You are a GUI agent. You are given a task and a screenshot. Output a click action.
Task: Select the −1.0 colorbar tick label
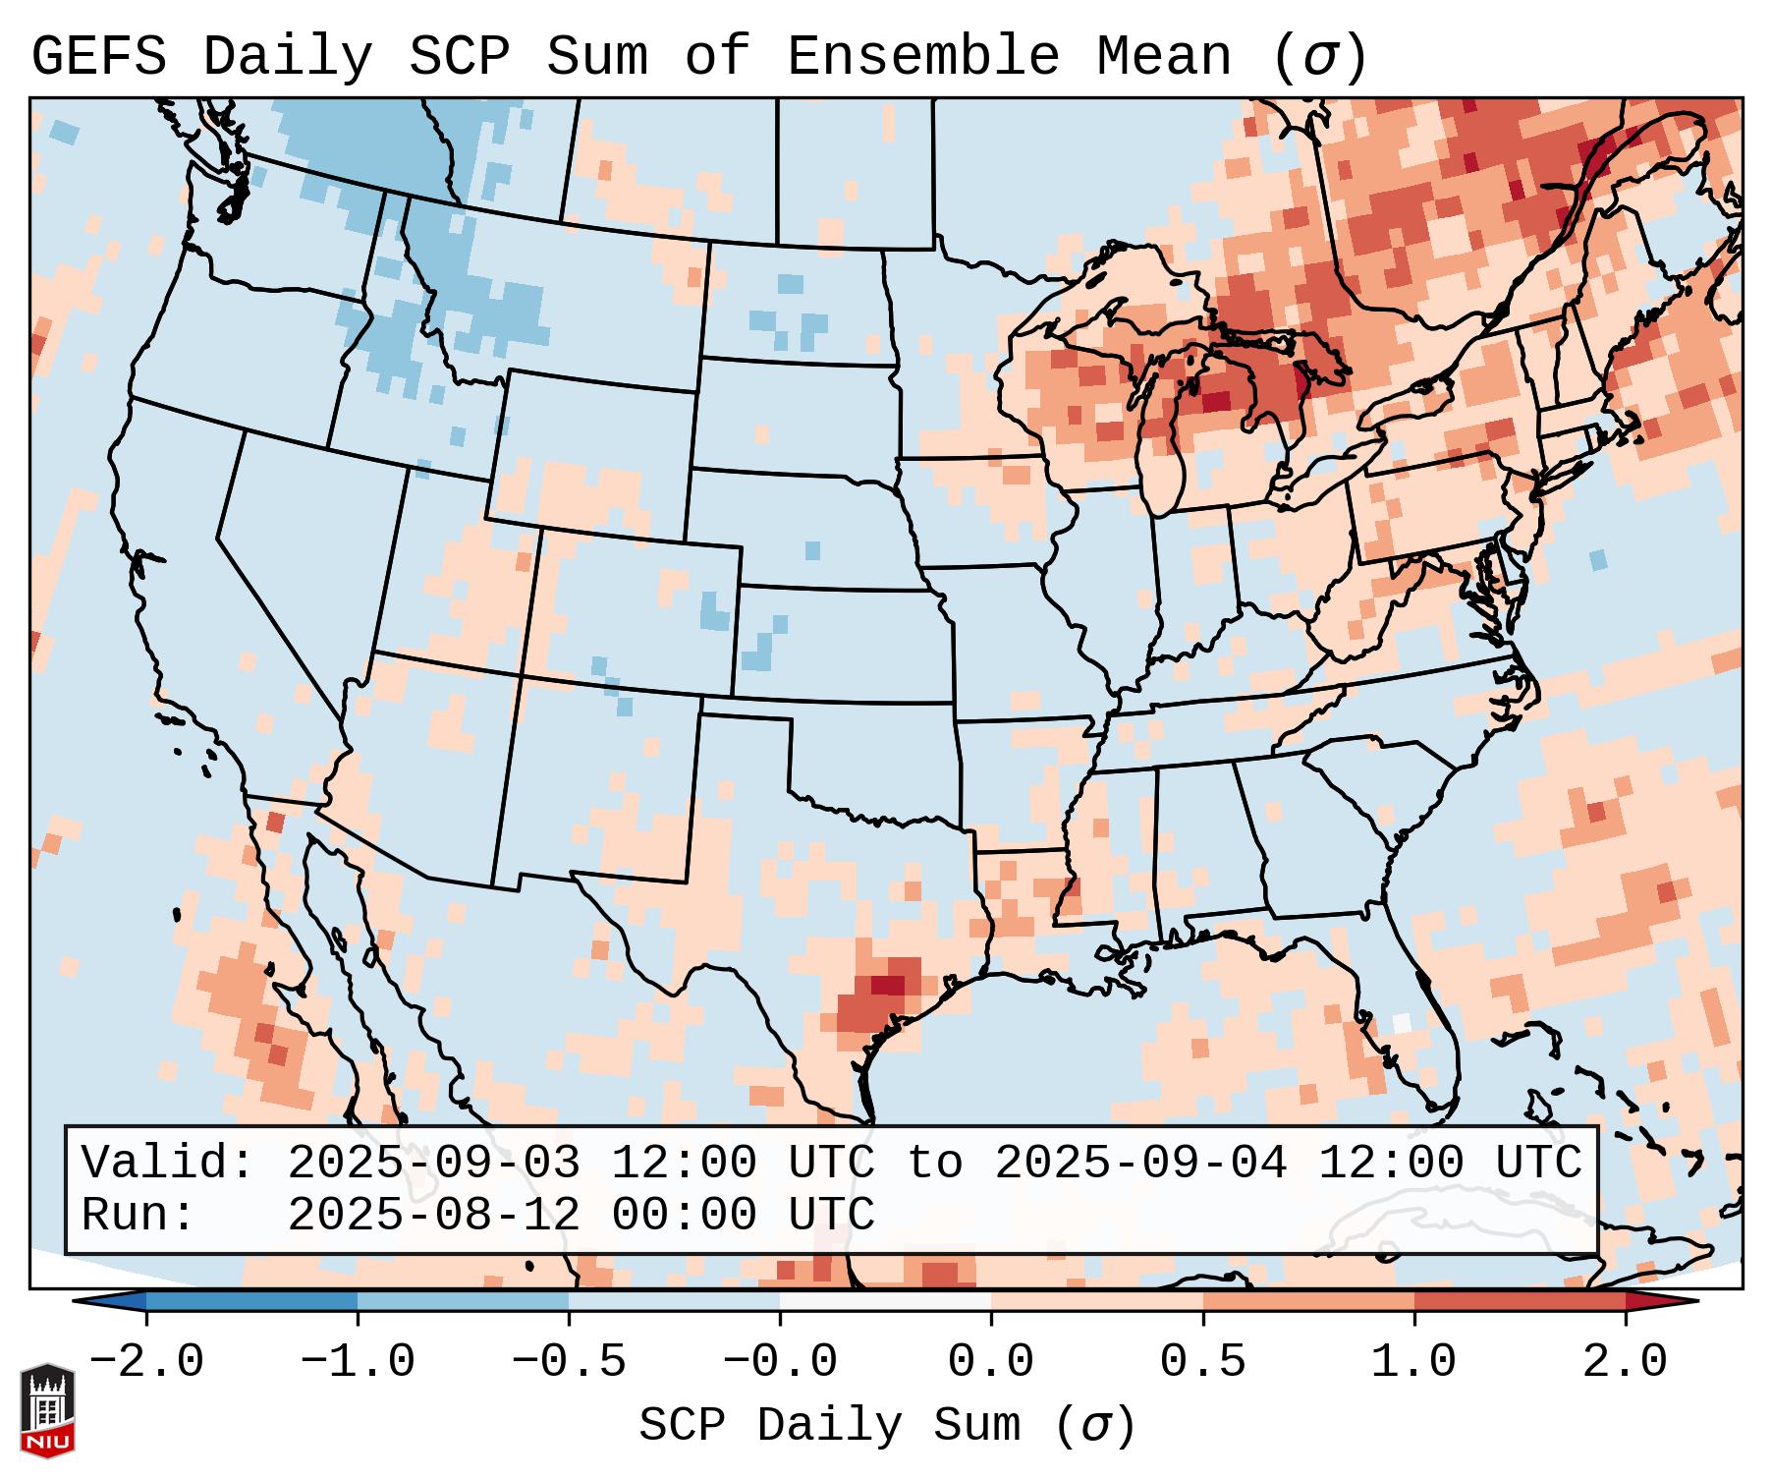357,1362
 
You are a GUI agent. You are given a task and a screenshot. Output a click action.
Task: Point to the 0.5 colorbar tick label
1202,1362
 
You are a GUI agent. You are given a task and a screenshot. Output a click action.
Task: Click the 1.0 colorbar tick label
1413,1362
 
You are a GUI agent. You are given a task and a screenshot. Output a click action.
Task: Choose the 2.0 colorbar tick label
1625,1362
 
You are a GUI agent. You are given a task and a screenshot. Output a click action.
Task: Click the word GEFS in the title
98,57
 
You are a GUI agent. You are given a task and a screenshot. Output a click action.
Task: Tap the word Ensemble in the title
922,57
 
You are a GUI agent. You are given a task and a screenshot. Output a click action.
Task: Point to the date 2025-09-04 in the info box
1140,1164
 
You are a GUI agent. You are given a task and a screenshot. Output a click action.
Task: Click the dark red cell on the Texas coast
888,985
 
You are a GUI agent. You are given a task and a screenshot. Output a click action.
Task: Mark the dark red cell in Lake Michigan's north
1216,401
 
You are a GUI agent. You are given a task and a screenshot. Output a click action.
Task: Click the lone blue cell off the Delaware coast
1598,560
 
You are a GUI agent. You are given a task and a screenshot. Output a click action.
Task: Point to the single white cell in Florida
1402,1022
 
